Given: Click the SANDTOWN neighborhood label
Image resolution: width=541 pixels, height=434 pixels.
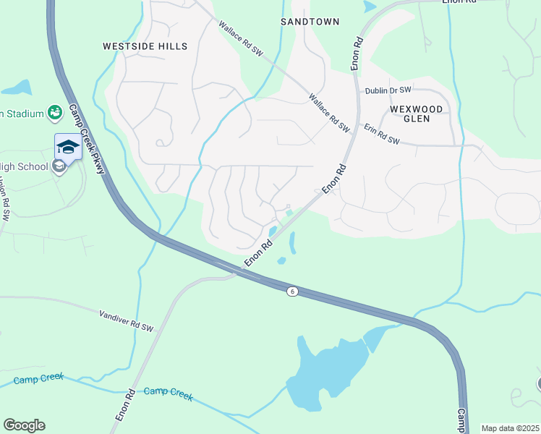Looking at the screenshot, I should (310, 22).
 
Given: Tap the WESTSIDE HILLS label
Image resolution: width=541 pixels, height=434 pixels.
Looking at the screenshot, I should (145, 46).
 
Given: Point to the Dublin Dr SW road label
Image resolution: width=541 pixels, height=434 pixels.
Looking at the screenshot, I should (388, 90).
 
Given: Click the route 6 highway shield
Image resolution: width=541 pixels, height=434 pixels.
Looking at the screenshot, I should (291, 291).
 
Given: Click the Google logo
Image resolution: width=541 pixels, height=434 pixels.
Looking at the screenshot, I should (24, 425).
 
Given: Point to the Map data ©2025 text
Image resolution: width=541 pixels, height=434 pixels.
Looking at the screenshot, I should (510, 428).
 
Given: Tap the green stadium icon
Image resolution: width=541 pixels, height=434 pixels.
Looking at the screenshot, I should (54, 112).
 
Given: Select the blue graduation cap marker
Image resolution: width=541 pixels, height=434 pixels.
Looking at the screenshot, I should (68, 147).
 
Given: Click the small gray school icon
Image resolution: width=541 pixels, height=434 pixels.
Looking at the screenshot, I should (59, 166).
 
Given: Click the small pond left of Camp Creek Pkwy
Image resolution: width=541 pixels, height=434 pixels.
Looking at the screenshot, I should (16, 88).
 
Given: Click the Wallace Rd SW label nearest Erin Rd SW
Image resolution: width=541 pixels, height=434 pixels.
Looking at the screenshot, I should (329, 112).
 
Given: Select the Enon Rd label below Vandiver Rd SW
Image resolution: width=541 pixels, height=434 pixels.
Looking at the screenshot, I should (125, 407).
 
